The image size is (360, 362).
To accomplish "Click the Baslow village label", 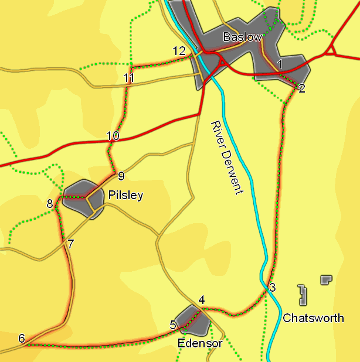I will pos(242,37).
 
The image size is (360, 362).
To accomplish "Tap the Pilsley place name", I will pos(125,196).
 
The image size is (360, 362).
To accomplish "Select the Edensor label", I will pos(200,343).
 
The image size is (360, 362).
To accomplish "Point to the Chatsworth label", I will pos(313,318).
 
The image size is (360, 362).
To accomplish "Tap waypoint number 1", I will pos(280,63).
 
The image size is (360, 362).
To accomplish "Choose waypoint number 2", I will pos(301,88).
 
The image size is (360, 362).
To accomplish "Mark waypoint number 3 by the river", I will pos(272,288).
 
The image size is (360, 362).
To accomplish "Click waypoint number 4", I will pos(202,300).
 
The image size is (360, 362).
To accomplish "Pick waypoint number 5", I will pos(173,325).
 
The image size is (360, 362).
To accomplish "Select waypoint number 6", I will pos(22,338).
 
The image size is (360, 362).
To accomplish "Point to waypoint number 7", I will pos(70,244).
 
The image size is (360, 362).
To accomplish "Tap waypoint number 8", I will pos(50,204).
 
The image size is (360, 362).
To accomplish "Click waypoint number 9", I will pos(121,176).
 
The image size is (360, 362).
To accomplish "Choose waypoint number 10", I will pos(113,136).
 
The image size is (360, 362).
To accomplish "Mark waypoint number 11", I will pos(130,78).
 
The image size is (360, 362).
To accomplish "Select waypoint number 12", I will pos(179,51).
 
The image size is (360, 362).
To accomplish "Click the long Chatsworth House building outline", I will pos(303,295).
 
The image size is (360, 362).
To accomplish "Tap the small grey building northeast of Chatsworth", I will pos(326,279).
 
